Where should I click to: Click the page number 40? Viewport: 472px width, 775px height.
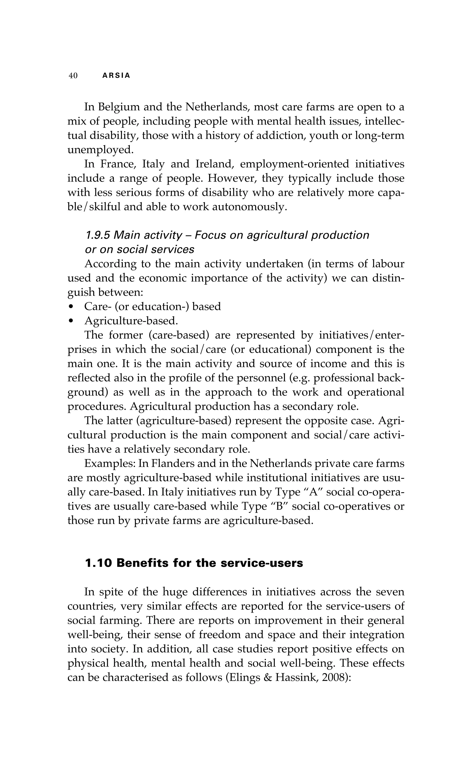(x=73, y=76)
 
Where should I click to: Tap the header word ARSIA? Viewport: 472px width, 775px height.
(x=116, y=76)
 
